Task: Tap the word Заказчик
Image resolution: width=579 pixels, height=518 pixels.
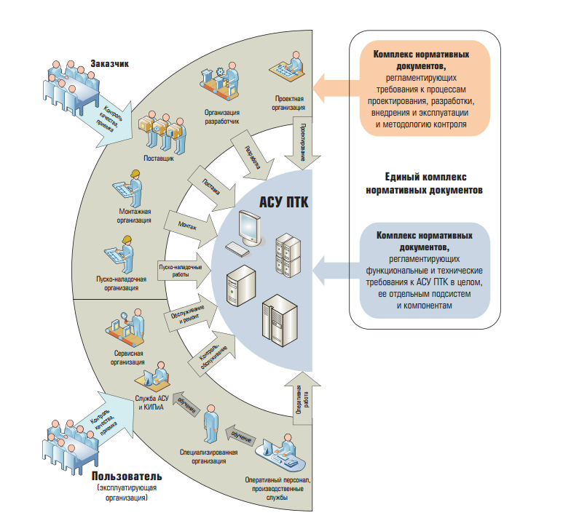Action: click(110, 63)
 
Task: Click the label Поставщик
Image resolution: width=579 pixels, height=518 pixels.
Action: click(159, 159)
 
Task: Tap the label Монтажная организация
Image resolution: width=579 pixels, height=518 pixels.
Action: click(135, 215)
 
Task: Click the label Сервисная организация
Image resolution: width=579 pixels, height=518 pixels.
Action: click(127, 356)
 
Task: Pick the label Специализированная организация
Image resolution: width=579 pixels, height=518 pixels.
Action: click(210, 455)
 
